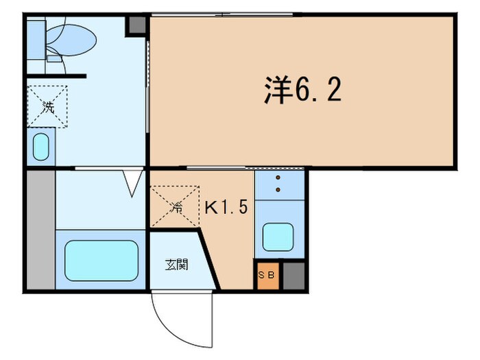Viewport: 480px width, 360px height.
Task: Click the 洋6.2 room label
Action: tap(302, 90)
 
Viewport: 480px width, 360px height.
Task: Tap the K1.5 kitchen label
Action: tap(226, 207)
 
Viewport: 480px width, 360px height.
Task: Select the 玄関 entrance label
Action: tap(177, 265)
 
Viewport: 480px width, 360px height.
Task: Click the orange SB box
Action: tap(268, 276)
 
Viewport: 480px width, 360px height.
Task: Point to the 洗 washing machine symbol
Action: tap(47, 106)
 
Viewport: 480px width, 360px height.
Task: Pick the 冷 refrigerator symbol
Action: tap(175, 206)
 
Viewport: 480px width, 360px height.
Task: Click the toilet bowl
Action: tap(71, 40)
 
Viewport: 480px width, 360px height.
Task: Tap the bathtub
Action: tap(101, 261)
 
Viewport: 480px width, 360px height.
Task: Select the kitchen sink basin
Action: tap(278, 237)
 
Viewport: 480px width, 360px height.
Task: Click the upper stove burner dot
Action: tap(278, 178)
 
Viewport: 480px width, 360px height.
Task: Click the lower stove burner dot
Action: tap(278, 190)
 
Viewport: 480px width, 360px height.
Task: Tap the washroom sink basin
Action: tap(41, 147)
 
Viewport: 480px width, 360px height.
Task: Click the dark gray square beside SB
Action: tap(293, 276)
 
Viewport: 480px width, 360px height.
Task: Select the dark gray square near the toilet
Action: tap(136, 25)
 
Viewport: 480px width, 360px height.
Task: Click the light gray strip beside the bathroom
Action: tap(40, 230)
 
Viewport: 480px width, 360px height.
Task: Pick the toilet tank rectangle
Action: tap(36, 40)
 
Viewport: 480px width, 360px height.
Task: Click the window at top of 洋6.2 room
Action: tap(223, 14)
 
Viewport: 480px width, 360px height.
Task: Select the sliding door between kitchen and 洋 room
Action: tap(245, 168)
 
